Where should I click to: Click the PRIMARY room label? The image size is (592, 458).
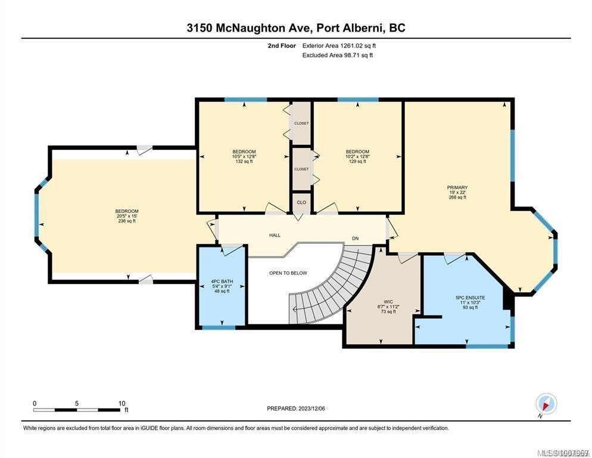tap(457, 187)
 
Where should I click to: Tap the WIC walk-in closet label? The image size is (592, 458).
tap(389, 302)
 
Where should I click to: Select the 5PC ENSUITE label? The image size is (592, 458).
tap(470, 297)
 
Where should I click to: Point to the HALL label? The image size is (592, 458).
tap(275, 235)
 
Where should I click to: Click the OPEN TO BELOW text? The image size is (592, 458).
tap(288, 273)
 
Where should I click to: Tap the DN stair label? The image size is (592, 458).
tap(356, 239)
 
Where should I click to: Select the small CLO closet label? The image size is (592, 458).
tap(301, 202)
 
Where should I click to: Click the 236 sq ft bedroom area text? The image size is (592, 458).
tap(127, 221)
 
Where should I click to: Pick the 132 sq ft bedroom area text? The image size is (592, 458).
tap(244, 161)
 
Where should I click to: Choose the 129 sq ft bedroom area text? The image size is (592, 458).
tap(357, 161)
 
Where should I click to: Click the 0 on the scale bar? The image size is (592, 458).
tap(35, 403)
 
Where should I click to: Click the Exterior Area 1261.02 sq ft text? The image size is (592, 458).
tap(339, 45)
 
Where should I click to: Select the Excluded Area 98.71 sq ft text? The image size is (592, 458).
tap(338, 55)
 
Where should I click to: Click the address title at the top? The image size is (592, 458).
tap(296, 28)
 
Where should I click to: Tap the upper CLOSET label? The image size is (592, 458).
tap(301, 123)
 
